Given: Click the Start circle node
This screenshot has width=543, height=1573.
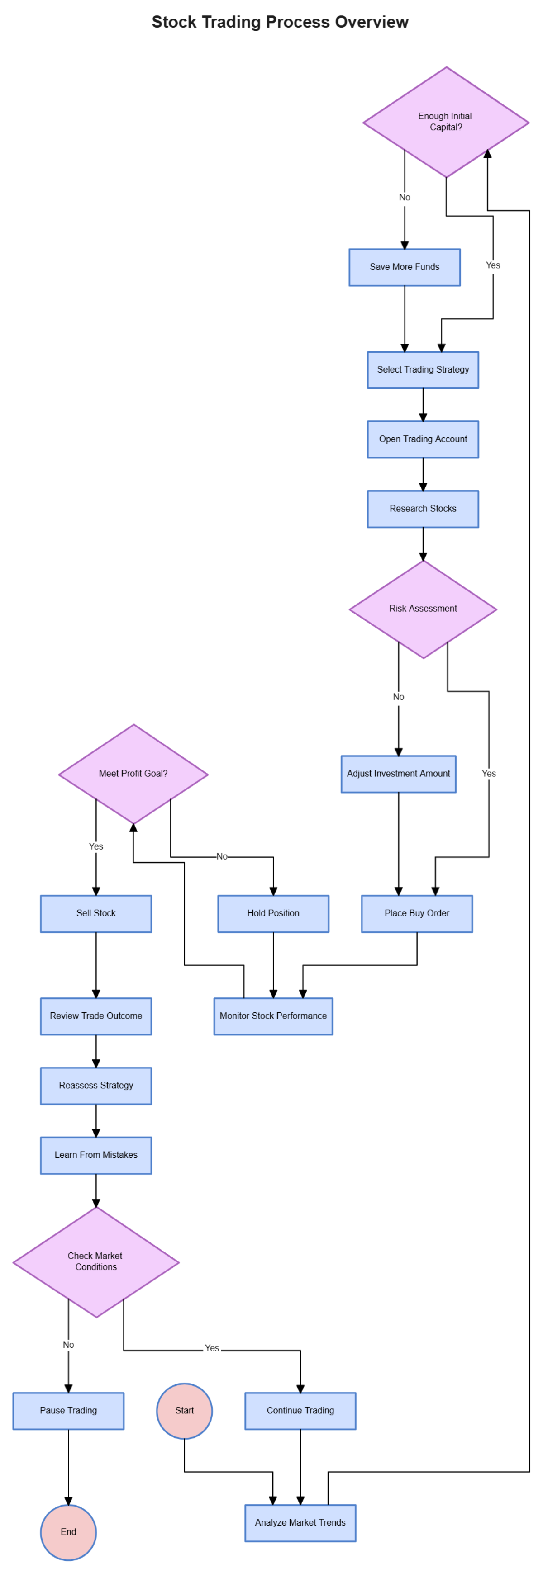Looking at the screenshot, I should [x=185, y=1411].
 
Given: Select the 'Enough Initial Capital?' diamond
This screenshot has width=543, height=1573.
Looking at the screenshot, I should [x=446, y=122].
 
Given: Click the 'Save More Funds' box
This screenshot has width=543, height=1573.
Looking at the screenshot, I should [x=405, y=267].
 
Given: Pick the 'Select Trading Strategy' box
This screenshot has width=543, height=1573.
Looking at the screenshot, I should [x=423, y=369].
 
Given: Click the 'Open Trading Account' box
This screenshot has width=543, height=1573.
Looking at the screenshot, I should [x=423, y=439].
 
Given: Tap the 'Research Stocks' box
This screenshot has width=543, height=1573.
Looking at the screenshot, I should [x=423, y=509].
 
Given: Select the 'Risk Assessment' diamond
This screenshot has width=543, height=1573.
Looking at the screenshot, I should [x=423, y=609].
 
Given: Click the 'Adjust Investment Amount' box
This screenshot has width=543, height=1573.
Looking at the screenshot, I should [x=398, y=774].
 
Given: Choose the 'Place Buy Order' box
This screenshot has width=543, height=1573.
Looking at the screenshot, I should [x=417, y=913].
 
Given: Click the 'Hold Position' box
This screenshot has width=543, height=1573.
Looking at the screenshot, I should [x=273, y=913].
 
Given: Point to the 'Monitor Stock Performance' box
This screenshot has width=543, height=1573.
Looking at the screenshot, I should [x=273, y=1016].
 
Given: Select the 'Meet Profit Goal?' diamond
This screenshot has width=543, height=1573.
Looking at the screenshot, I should [x=133, y=774].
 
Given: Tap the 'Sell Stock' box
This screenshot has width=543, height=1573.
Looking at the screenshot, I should [x=96, y=913].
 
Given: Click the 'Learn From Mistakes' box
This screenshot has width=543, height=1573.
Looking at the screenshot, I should [x=96, y=1155].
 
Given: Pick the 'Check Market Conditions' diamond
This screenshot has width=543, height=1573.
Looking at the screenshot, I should [x=96, y=1261].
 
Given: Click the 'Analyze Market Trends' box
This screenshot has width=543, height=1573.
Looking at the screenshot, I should [x=300, y=1523].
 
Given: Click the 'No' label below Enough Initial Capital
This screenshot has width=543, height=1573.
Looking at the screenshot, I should [x=405, y=197].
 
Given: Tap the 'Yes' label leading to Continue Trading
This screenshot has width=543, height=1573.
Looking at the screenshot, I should [x=212, y=1348].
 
